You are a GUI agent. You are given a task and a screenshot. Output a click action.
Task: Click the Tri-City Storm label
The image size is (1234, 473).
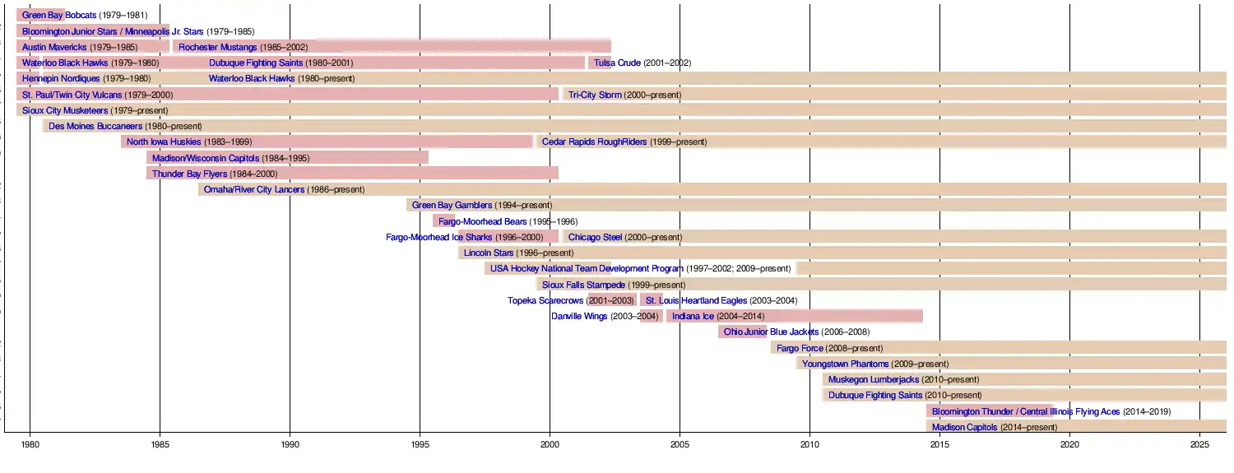point(595,95)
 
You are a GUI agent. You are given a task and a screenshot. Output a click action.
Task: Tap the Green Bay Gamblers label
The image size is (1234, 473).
point(452,205)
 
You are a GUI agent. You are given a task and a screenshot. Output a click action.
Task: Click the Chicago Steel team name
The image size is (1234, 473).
point(595,237)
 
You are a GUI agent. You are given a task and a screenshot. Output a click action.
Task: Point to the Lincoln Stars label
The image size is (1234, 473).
point(489,253)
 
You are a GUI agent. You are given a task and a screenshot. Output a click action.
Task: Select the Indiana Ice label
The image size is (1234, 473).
point(693,316)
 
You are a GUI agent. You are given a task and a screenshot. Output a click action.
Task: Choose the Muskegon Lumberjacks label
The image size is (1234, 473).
point(874,379)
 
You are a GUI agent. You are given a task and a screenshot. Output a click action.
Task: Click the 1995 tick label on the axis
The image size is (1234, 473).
point(420,445)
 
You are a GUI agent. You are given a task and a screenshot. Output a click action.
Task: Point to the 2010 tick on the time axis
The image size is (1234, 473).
point(810,445)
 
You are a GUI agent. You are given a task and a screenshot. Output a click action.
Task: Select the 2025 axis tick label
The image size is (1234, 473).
point(1199,445)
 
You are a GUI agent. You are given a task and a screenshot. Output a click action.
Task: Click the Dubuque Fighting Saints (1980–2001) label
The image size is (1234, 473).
point(256,63)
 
